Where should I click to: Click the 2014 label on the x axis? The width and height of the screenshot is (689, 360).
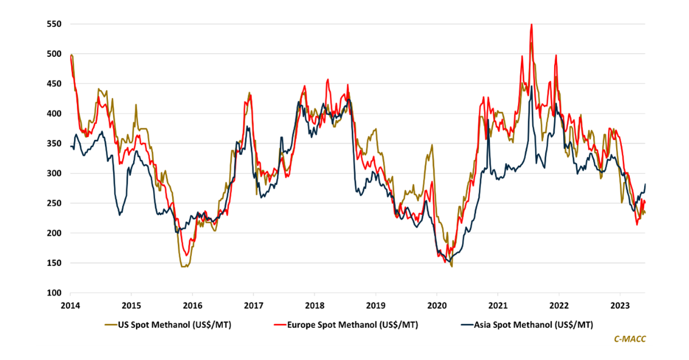coord(70,305)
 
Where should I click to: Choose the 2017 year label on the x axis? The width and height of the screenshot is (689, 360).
coord(253,305)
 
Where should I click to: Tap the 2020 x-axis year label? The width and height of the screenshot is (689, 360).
coord(436,305)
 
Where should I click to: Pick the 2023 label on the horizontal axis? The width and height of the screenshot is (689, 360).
coord(620,305)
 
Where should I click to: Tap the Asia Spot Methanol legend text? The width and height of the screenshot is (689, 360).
coord(533,325)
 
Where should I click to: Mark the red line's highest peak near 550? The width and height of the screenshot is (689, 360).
coord(532,24)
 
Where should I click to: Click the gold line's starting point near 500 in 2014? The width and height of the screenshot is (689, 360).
coord(71,55)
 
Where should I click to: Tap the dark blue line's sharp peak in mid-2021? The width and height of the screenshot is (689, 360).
coord(532,87)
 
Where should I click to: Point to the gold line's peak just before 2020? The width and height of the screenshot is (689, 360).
coord(432,145)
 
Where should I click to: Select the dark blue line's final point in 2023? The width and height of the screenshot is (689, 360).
coord(645,184)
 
